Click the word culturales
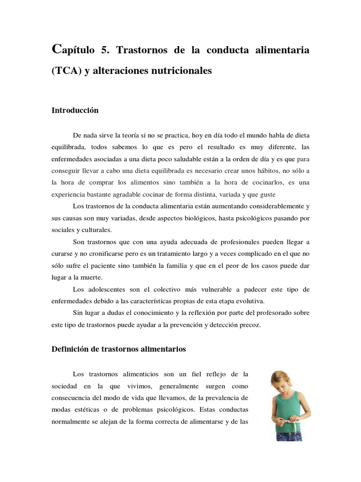(95, 230)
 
